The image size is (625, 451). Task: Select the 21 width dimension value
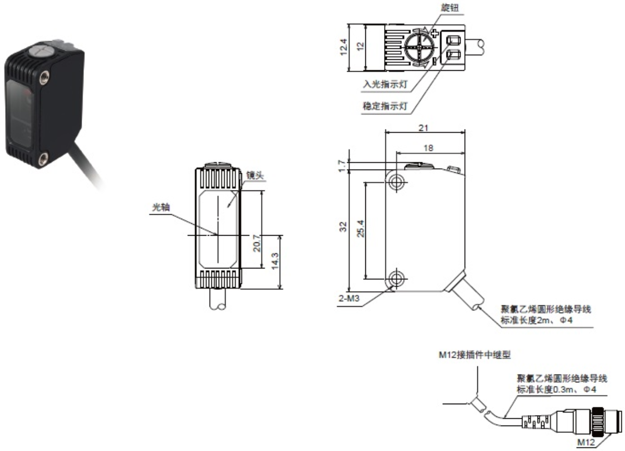tap(424, 127)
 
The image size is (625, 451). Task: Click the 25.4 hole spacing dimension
tap(360, 229)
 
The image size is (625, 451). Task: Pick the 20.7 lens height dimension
tap(256, 243)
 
